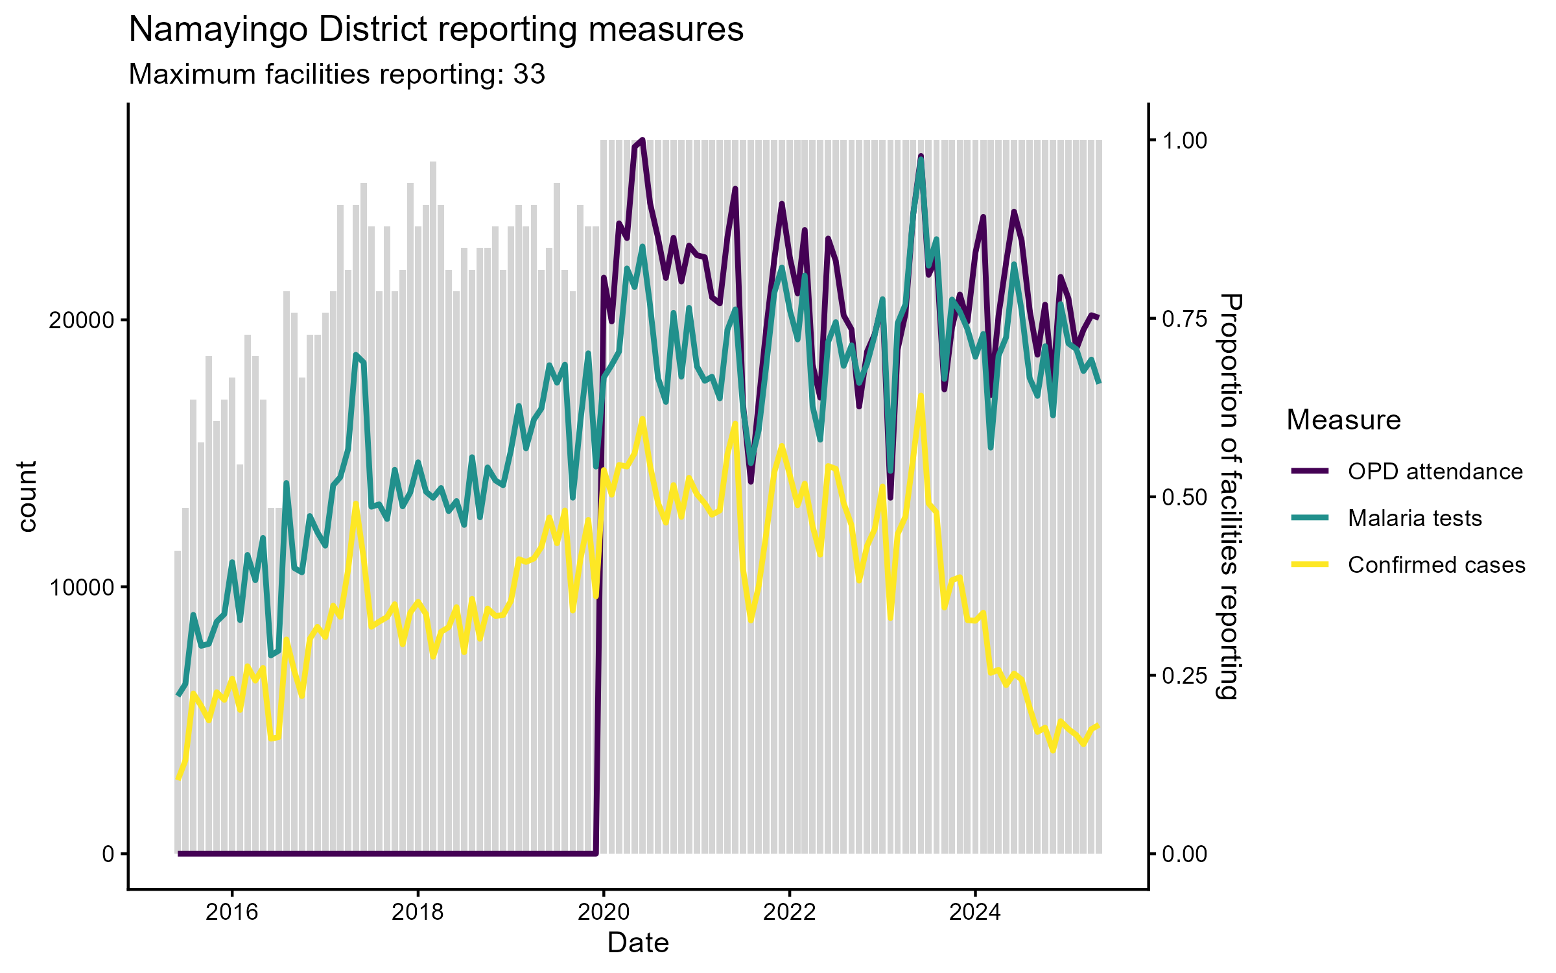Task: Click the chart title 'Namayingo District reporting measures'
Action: click(436, 30)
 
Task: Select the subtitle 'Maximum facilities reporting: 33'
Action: click(336, 75)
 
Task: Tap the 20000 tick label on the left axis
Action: click(81, 320)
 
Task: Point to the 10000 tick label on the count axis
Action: click(81, 588)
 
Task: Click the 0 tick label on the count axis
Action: click(108, 854)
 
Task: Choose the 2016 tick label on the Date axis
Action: click(231, 912)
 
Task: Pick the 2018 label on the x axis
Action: click(418, 912)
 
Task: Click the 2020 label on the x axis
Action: click(604, 912)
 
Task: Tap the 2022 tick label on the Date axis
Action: click(789, 912)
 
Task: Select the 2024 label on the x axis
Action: click(974, 912)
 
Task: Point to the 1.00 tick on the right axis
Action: click(1185, 141)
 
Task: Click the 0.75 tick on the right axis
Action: click(1185, 319)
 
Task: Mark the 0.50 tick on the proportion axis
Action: click(1185, 498)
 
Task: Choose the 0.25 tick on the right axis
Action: click(1185, 676)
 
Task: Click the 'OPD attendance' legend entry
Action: click(1435, 472)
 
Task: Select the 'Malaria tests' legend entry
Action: click(1415, 518)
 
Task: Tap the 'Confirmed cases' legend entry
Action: click(1436, 565)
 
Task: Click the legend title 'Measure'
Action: click(1343, 420)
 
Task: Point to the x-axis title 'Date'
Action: click(638, 943)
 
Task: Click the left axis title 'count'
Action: click(27, 496)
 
